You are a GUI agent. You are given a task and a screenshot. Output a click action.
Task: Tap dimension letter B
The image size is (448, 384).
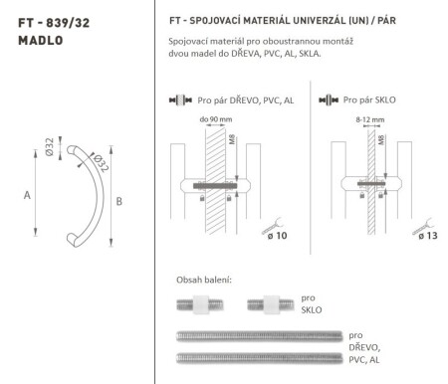point(118,202)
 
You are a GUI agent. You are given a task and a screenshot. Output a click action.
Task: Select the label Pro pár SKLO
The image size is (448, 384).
point(368,101)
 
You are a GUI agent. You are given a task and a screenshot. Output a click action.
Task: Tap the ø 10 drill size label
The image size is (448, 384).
point(274,236)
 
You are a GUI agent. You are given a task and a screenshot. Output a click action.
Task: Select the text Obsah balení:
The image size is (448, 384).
point(204,279)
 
